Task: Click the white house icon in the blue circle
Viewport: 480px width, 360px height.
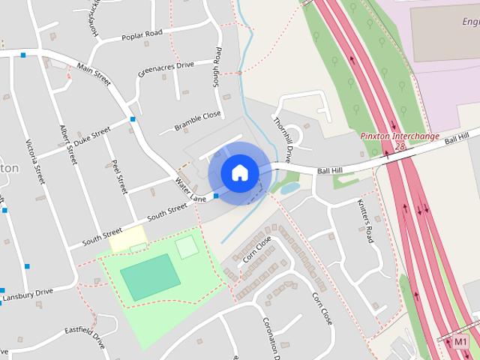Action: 239,172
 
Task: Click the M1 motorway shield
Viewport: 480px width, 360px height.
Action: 461,342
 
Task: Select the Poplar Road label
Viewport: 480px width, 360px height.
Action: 142,34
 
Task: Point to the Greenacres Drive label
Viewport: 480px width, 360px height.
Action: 166,70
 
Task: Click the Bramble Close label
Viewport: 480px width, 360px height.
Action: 198,121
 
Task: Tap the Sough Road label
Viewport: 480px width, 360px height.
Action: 217,67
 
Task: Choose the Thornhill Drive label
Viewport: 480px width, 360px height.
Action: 281,139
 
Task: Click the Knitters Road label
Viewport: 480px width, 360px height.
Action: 364,221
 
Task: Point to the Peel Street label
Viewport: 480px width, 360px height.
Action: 120,175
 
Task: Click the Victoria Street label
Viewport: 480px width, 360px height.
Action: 35,161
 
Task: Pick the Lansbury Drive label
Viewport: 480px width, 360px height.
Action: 28,295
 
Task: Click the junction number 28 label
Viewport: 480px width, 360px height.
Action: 399,146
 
